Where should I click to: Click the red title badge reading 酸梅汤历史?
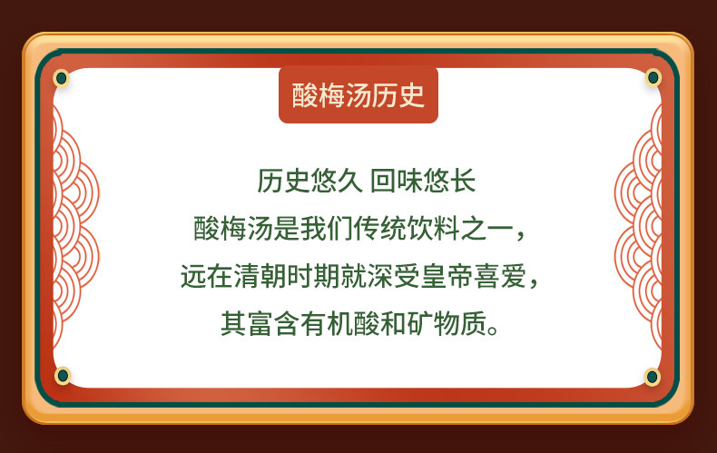pyautogui.click(x=358, y=94)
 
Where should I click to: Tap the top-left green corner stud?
pyautogui.click(x=62, y=78)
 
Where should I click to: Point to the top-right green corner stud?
pyautogui.click(x=653, y=78)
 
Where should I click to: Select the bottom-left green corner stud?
pyautogui.click(x=63, y=376)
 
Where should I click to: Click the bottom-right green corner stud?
pyautogui.click(x=652, y=377)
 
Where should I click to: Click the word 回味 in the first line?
pyautogui.click(x=396, y=181)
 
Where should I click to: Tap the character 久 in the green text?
pyautogui.click(x=350, y=181)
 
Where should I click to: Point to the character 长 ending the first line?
pyautogui.click(x=462, y=181)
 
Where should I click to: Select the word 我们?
pyautogui.click(x=327, y=229)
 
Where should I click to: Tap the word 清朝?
pyautogui.click(x=260, y=276)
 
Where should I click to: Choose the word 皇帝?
pyautogui.click(x=447, y=276)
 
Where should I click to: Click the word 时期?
pyautogui.click(x=314, y=276)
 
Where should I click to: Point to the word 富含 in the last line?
pyautogui.click(x=274, y=324)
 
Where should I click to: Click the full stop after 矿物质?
pyautogui.click(x=494, y=330)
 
